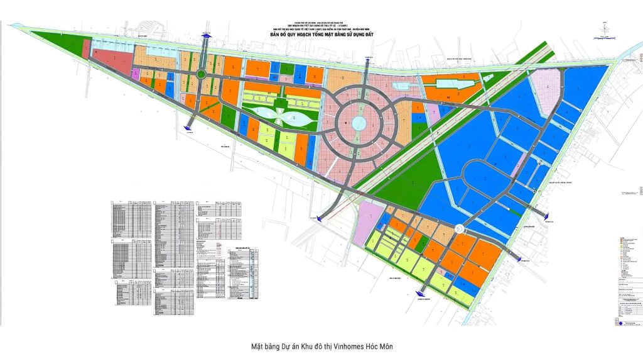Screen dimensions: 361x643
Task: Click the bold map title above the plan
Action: [x=321, y=35]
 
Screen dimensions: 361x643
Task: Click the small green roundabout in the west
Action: [x=200, y=75]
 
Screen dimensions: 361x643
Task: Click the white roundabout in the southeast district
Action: [x=460, y=230]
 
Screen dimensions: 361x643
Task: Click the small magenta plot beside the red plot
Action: [x=135, y=74]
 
